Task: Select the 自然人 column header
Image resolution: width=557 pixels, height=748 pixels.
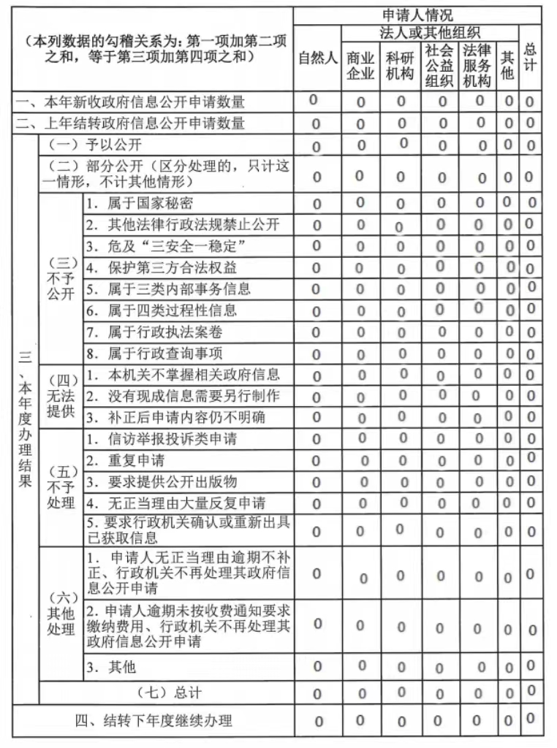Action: pyautogui.click(x=317, y=58)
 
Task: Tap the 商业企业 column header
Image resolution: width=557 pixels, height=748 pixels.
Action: pyautogui.click(x=360, y=66)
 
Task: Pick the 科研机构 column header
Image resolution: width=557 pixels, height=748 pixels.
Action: pyautogui.click(x=401, y=66)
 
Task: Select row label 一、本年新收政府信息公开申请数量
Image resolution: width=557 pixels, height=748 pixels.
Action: pyautogui.click(x=131, y=102)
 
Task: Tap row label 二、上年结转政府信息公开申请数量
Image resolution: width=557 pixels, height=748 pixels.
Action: pyautogui.click(x=131, y=123)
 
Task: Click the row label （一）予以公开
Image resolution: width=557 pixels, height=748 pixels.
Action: pyautogui.click(x=95, y=145)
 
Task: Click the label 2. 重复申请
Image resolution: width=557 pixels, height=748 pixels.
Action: pyautogui.click(x=125, y=461)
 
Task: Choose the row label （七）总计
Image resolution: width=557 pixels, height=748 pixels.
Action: pyautogui.click(x=169, y=692)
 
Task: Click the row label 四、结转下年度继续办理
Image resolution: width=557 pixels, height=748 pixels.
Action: pyautogui.click(x=154, y=721)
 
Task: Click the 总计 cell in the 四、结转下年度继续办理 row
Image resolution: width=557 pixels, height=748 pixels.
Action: pyautogui.click(x=531, y=720)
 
